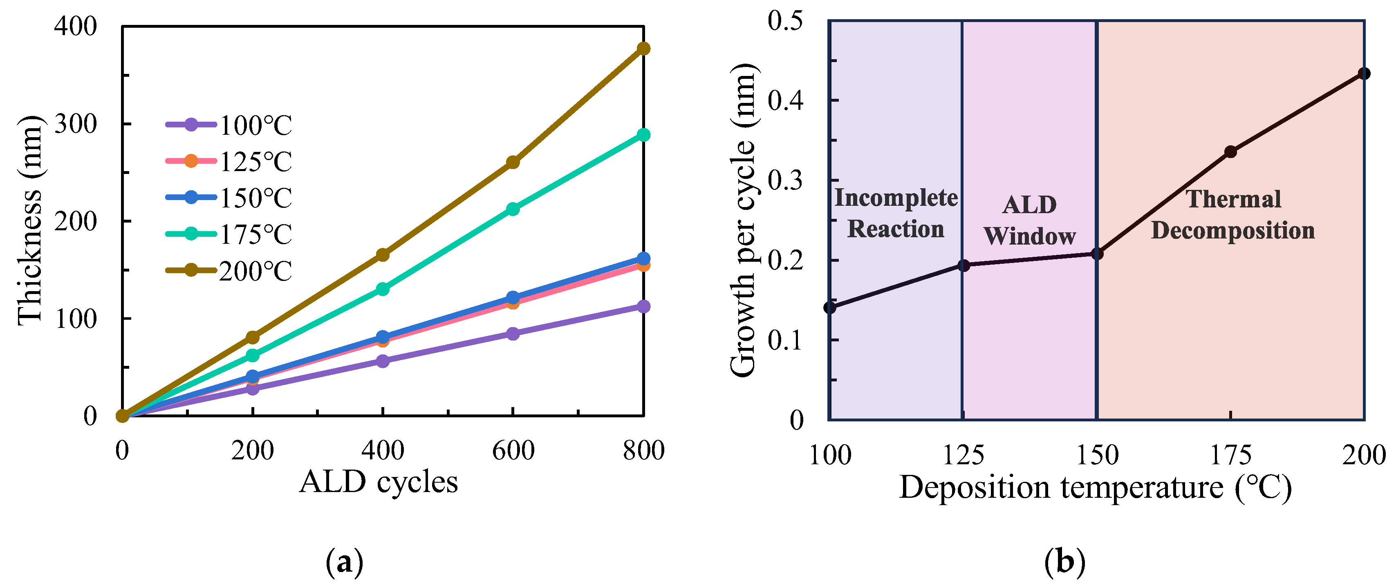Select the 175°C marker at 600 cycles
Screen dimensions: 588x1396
(513, 208)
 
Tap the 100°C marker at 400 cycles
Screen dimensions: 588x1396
(383, 361)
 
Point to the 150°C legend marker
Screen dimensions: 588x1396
(191, 197)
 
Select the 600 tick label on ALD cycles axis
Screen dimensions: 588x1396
(513, 450)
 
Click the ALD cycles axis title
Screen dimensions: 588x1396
(378, 482)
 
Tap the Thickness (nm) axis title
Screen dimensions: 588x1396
(29, 220)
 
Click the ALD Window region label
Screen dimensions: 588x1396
(1029, 220)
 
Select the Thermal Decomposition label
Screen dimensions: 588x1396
(1233, 214)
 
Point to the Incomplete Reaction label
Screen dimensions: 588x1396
(895, 213)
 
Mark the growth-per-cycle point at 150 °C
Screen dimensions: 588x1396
(1097, 254)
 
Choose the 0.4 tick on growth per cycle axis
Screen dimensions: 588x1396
(785, 100)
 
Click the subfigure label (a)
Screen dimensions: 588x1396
(345, 563)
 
